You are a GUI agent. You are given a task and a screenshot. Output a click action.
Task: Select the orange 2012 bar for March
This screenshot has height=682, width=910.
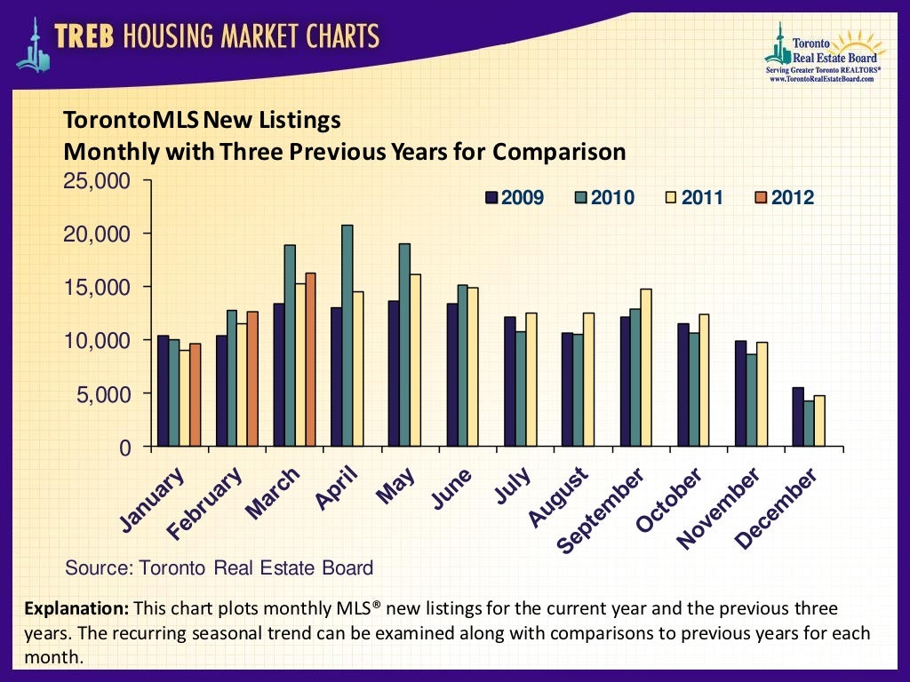click(x=310, y=360)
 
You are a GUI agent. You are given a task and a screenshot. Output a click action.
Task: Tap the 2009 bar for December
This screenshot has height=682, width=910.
click(x=797, y=416)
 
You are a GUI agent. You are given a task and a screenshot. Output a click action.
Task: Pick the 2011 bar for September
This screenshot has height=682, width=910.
click(x=646, y=368)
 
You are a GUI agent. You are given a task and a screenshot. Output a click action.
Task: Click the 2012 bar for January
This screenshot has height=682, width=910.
click(x=196, y=395)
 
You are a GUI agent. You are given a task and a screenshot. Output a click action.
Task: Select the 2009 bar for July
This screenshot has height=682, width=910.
click(x=509, y=382)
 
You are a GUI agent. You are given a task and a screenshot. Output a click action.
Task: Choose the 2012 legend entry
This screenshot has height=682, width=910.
click(x=783, y=197)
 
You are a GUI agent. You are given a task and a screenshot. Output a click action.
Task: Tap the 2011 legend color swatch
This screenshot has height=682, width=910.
click(x=672, y=197)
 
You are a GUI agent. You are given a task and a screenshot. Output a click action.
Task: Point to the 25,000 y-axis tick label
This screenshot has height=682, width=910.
click(x=99, y=181)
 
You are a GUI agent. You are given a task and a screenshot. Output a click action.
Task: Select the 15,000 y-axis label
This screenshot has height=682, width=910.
click(x=99, y=288)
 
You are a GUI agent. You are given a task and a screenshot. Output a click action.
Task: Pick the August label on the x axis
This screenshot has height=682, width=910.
click(x=559, y=499)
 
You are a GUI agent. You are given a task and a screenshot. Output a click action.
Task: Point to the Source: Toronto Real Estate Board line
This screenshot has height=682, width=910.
click(x=220, y=567)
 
